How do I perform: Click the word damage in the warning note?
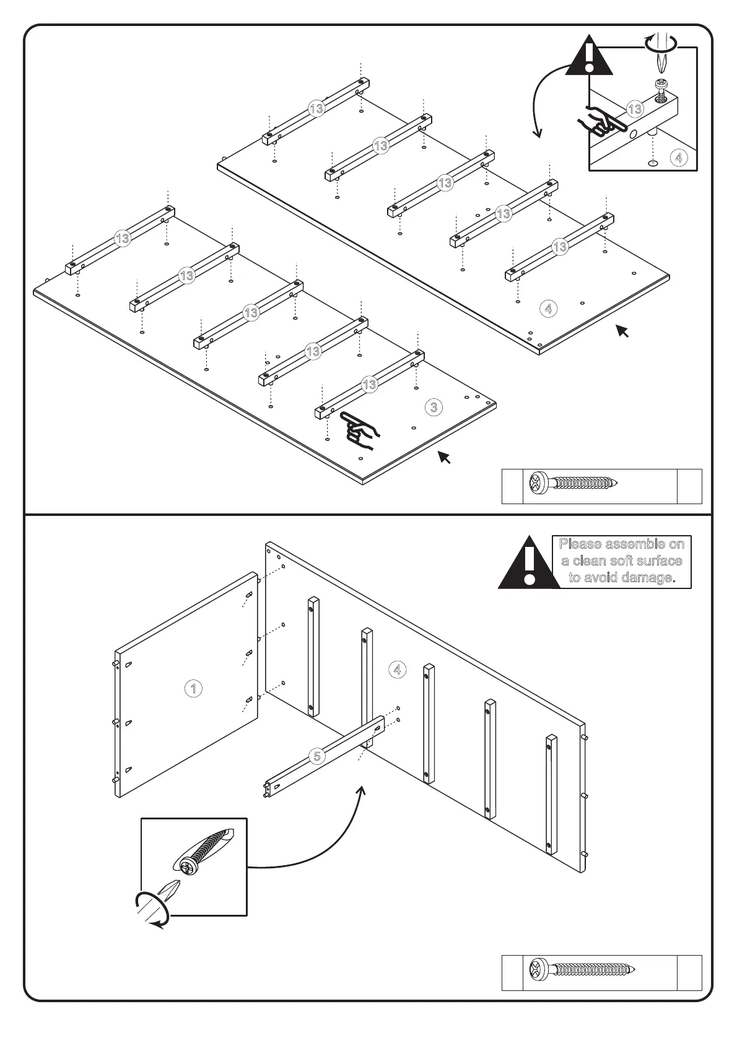[x=647, y=577]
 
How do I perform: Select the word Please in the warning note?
[x=580, y=544]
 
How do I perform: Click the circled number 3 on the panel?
[x=434, y=407]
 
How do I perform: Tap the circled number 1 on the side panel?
[x=193, y=688]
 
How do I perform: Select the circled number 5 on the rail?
[x=317, y=756]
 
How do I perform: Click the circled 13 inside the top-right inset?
[x=635, y=110]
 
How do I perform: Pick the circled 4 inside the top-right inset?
[x=678, y=158]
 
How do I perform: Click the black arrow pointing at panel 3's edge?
[x=444, y=458]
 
